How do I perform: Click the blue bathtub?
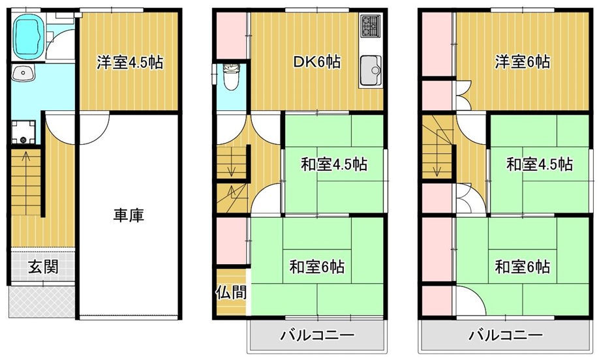pyautogui.click(x=28, y=37)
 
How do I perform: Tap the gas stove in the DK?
pyautogui.click(x=371, y=26)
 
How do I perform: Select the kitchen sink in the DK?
pyautogui.click(x=370, y=70)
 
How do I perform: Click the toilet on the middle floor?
pyautogui.click(x=231, y=77)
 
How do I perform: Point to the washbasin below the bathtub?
pyautogui.click(x=23, y=72)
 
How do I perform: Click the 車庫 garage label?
pyautogui.click(x=129, y=216)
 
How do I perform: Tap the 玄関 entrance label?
pyautogui.click(x=44, y=267)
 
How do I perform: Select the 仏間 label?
pyautogui.click(x=231, y=292)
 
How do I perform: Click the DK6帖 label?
pyautogui.click(x=316, y=62)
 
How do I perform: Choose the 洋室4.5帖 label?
pyautogui.click(x=130, y=63)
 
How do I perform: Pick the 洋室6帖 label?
pyautogui.click(x=522, y=62)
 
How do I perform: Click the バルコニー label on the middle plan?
pyautogui.click(x=318, y=336)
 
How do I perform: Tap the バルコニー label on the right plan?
pyautogui.click(x=506, y=336)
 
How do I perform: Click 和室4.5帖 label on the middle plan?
pyautogui.click(x=334, y=164)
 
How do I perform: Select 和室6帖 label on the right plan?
pyautogui.click(x=522, y=267)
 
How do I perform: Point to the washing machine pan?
pyautogui.click(x=23, y=132)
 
